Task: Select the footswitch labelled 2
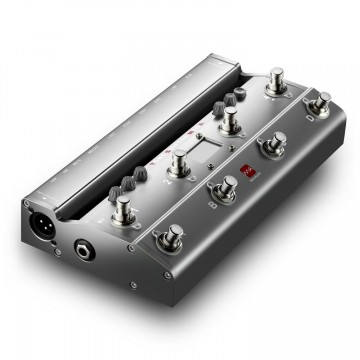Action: (180, 160)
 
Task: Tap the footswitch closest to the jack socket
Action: (171, 238)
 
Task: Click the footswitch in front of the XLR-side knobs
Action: (124, 207)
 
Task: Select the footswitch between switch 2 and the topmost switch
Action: (231, 118)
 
